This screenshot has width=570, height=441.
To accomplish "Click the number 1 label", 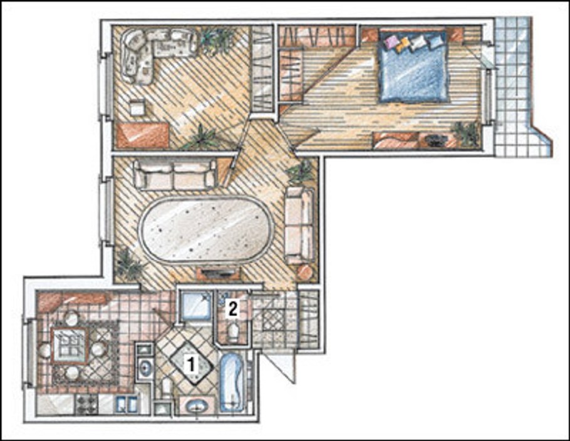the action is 190,365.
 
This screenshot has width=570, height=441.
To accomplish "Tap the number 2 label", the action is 232,309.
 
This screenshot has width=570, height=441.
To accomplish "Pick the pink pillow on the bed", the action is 393,41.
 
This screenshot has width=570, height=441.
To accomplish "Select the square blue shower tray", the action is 196,306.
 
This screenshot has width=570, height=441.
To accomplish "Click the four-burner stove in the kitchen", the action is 86,403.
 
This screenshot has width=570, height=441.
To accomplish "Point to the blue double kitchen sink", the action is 127,403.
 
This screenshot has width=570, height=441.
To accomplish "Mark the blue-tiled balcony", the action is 520,87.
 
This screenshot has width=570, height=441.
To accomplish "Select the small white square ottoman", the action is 137,107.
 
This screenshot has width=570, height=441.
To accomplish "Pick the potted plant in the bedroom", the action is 465,133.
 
